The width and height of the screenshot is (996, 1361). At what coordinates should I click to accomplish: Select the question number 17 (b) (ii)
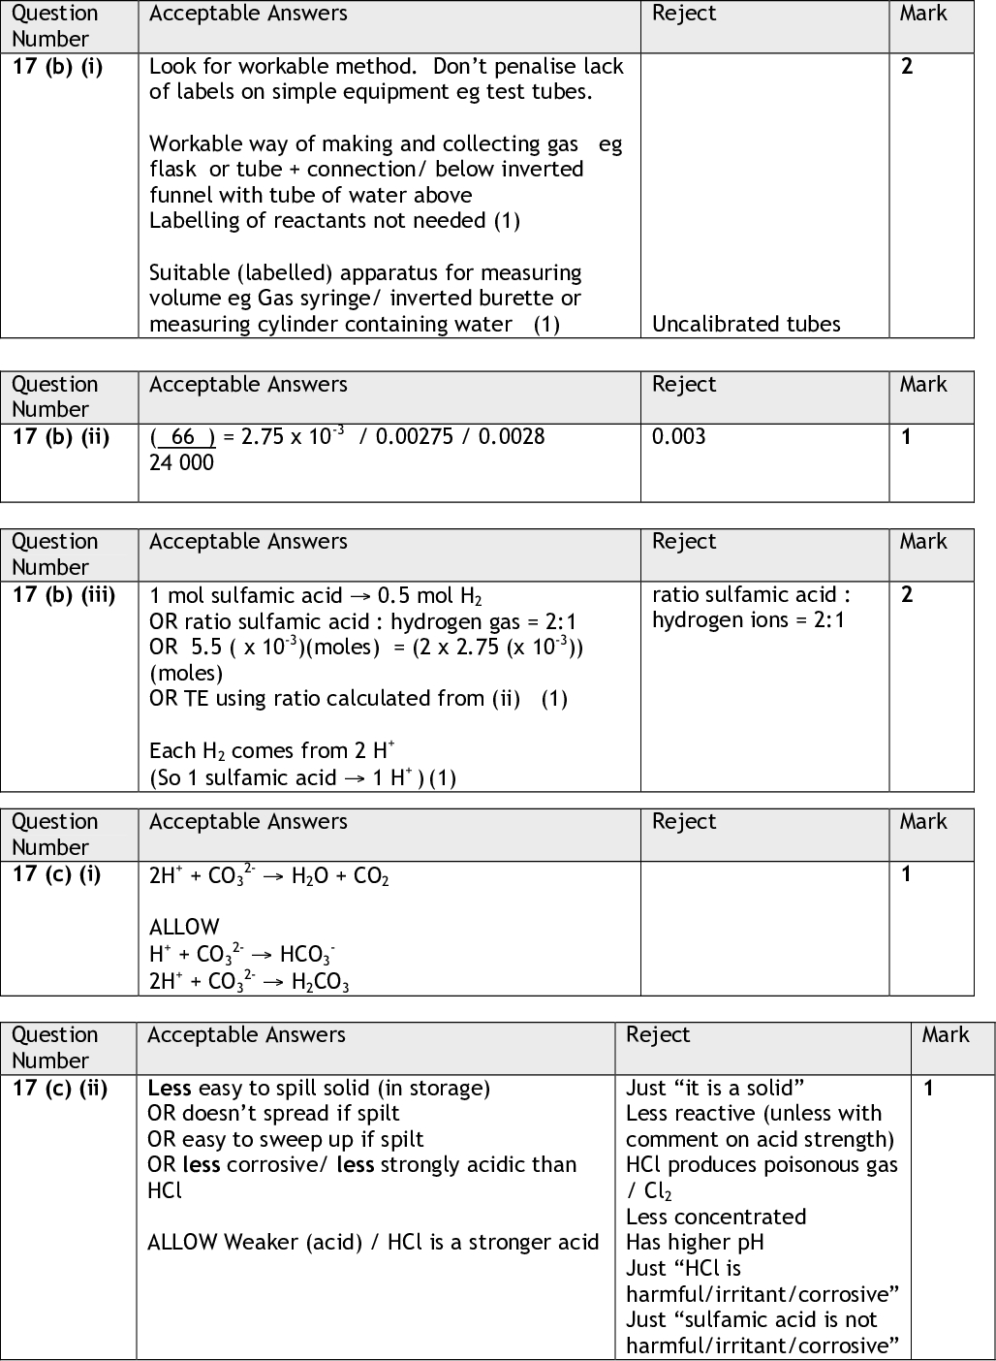coord(60,437)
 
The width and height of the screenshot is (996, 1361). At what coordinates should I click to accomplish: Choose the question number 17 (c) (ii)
coord(59,1088)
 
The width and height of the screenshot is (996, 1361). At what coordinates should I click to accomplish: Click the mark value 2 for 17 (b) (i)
coord(907,67)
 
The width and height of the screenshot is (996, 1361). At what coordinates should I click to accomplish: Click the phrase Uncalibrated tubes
coord(746,324)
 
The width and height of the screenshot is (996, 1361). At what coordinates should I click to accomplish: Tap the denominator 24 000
coord(181,462)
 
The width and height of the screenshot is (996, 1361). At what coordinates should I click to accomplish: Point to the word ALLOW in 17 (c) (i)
coord(184,927)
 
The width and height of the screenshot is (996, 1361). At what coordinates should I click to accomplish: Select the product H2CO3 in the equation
coord(320,981)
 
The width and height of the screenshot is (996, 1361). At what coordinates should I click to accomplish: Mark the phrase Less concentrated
coord(716,1217)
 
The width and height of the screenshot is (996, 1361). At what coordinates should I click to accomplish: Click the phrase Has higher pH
coord(695,1242)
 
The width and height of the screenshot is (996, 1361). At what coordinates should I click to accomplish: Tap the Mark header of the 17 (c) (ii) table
coord(946,1035)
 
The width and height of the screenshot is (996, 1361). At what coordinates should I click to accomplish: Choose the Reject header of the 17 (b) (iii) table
coord(684,542)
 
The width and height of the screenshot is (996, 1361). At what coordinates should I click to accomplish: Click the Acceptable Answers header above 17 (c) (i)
coord(248,822)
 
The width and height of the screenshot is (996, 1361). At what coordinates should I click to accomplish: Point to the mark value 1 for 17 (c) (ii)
coord(928,1088)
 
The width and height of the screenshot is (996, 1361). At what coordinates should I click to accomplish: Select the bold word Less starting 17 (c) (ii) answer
coord(169,1088)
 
